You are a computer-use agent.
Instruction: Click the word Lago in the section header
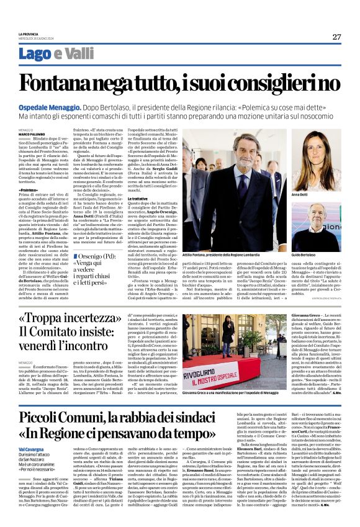[x=34, y=53]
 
